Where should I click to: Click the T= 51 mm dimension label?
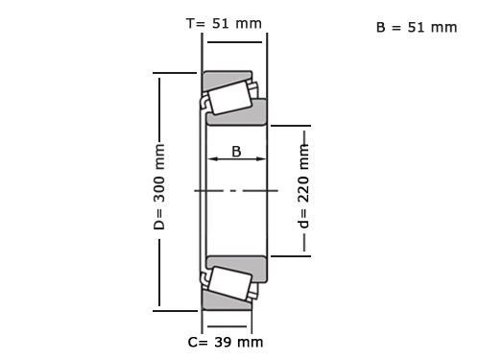tap(224, 24)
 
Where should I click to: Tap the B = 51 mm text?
tap(417, 28)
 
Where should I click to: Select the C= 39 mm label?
tap(226, 342)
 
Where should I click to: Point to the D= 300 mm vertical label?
tap(159, 186)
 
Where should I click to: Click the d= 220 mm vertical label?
tap(303, 186)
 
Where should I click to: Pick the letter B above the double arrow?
tap(236, 152)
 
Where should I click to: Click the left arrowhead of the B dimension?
tap(212, 158)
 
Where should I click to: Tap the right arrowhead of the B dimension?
tap(261, 158)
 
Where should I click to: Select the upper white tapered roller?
tap(229, 98)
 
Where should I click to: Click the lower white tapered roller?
tap(229, 283)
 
